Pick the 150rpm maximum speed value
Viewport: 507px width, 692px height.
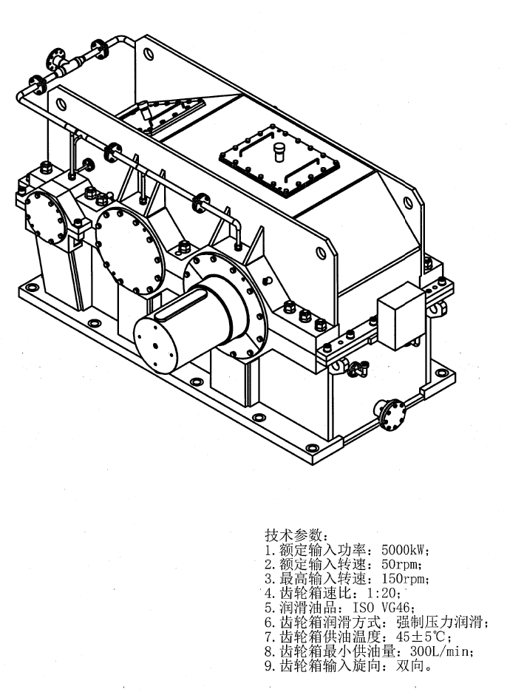pos(404,578)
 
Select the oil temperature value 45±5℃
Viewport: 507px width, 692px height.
pos(423,637)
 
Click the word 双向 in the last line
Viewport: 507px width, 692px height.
pos(410,665)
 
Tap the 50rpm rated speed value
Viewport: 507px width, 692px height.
pos(399,564)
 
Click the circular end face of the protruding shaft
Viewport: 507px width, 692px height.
pos(155,345)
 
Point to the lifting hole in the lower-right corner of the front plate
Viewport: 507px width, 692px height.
pos(321,253)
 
